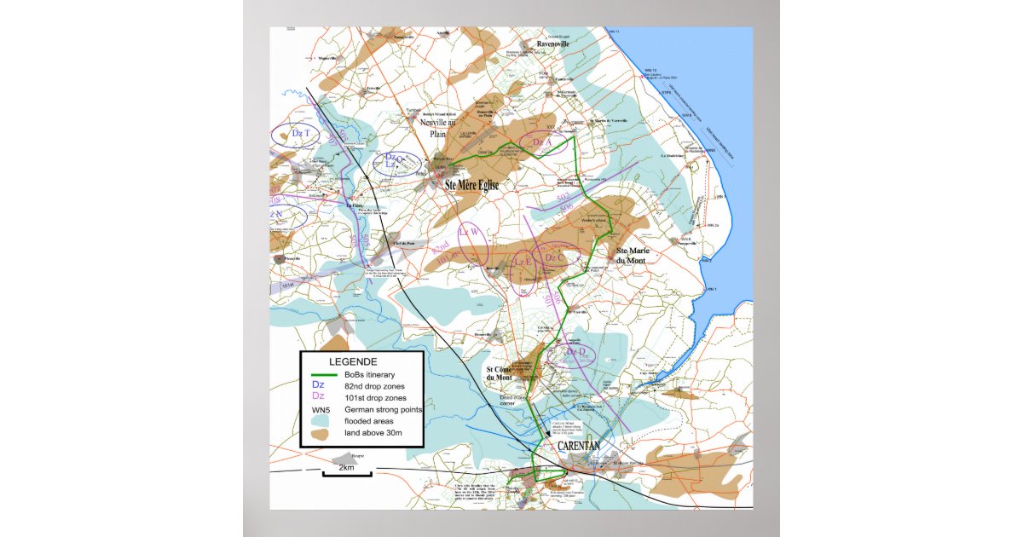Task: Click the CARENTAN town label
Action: (579, 446)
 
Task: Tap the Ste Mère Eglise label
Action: (471, 184)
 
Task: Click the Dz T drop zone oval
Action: (295, 135)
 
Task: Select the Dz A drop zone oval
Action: (539, 141)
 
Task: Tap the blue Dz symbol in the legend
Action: (318, 385)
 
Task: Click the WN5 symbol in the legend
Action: (321, 409)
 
